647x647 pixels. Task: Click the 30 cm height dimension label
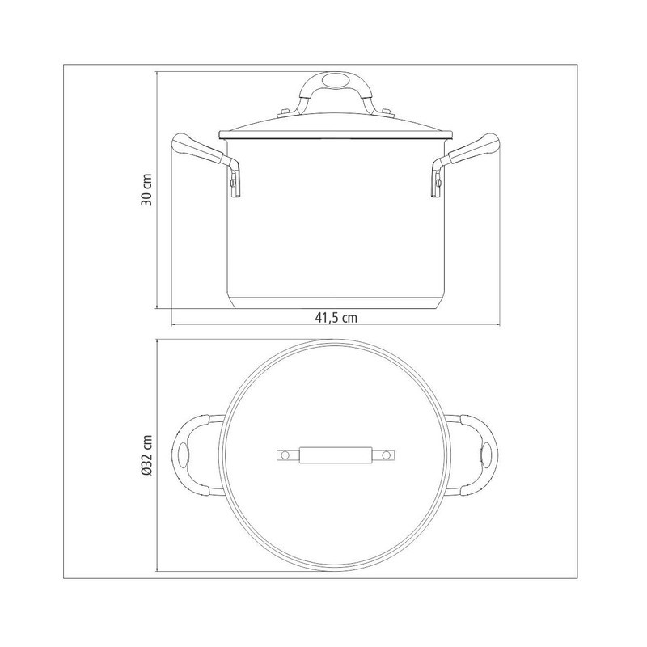147,190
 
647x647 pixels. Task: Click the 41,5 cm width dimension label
336,318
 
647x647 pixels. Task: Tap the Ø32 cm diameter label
147,455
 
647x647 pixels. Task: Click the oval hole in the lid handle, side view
335,80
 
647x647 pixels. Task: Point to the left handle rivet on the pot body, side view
233,182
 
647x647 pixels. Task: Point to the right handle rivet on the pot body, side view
438,182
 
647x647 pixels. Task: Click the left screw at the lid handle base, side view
285,112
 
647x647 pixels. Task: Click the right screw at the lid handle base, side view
387,112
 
